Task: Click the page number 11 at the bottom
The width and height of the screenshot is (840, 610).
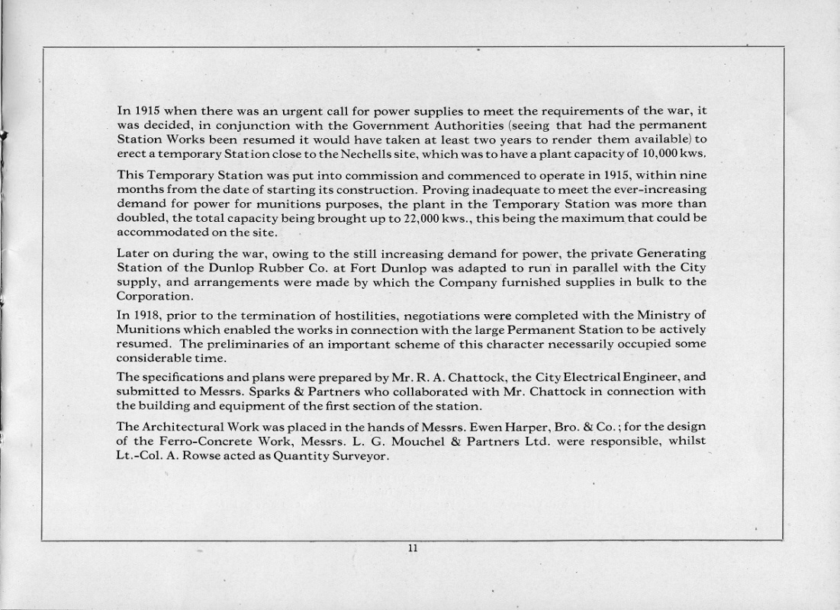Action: click(412, 548)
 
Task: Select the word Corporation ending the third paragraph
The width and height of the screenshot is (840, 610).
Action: click(153, 297)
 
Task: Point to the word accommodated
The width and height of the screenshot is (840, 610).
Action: click(156, 233)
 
